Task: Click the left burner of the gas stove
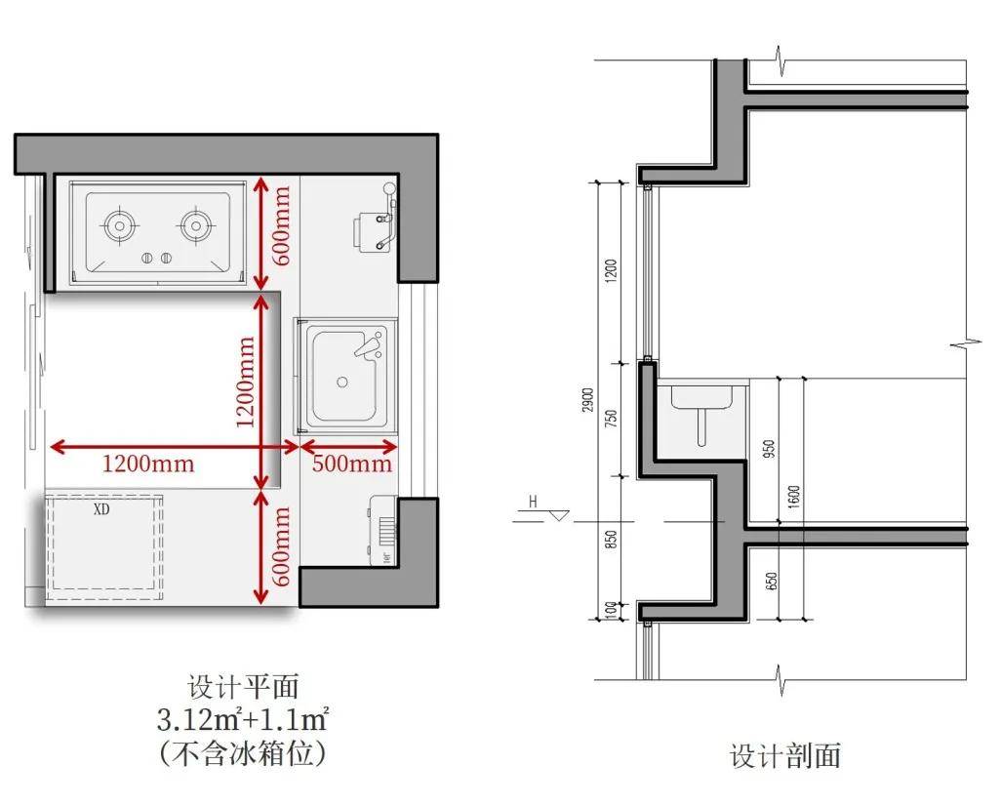[x=120, y=225]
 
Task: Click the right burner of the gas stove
[x=195, y=225]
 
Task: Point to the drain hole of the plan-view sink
[x=342, y=382]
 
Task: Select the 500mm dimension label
[x=351, y=463]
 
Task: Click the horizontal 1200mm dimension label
[x=148, y=463]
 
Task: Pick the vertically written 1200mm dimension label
[x=246, y=382]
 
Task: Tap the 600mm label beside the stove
[x=281, y=233]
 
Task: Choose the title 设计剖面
[x=785, y=755]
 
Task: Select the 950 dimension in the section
[x=770, y=448]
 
